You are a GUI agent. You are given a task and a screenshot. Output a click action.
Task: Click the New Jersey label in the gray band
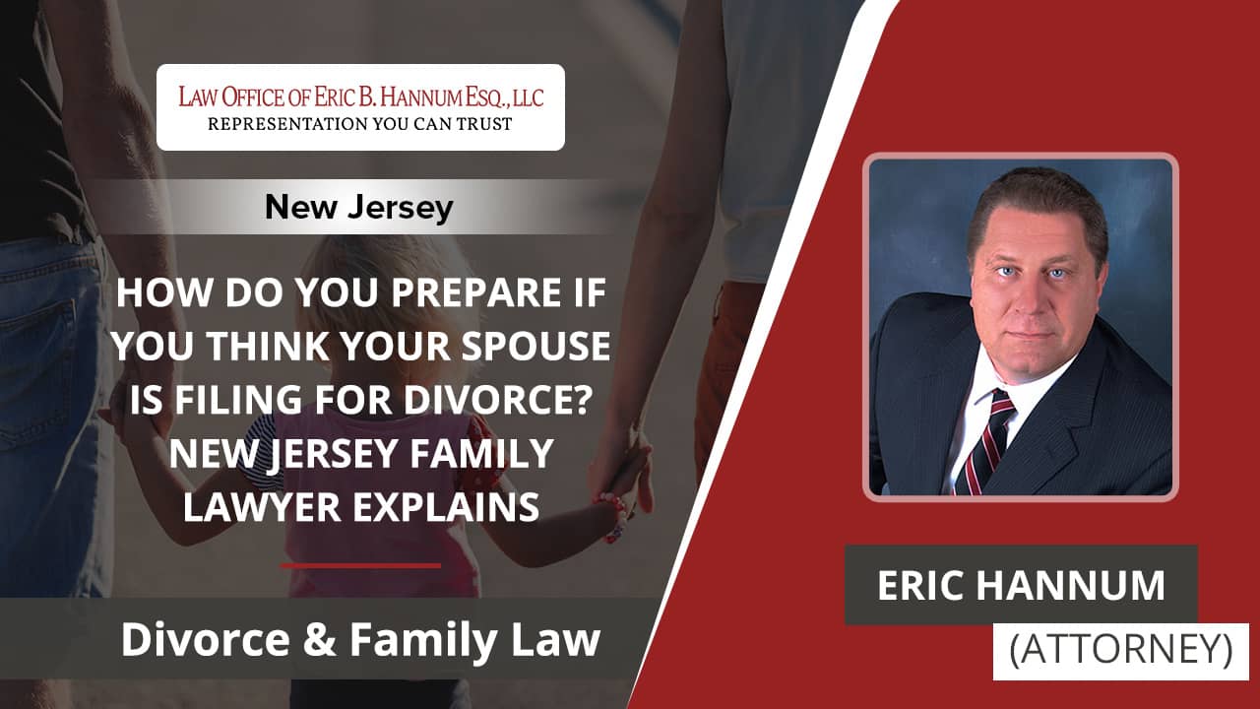point(359,207)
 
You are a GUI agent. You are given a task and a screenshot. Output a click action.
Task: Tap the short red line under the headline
point(360,565)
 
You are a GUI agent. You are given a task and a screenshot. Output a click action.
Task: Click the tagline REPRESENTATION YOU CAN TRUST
point(360,124)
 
